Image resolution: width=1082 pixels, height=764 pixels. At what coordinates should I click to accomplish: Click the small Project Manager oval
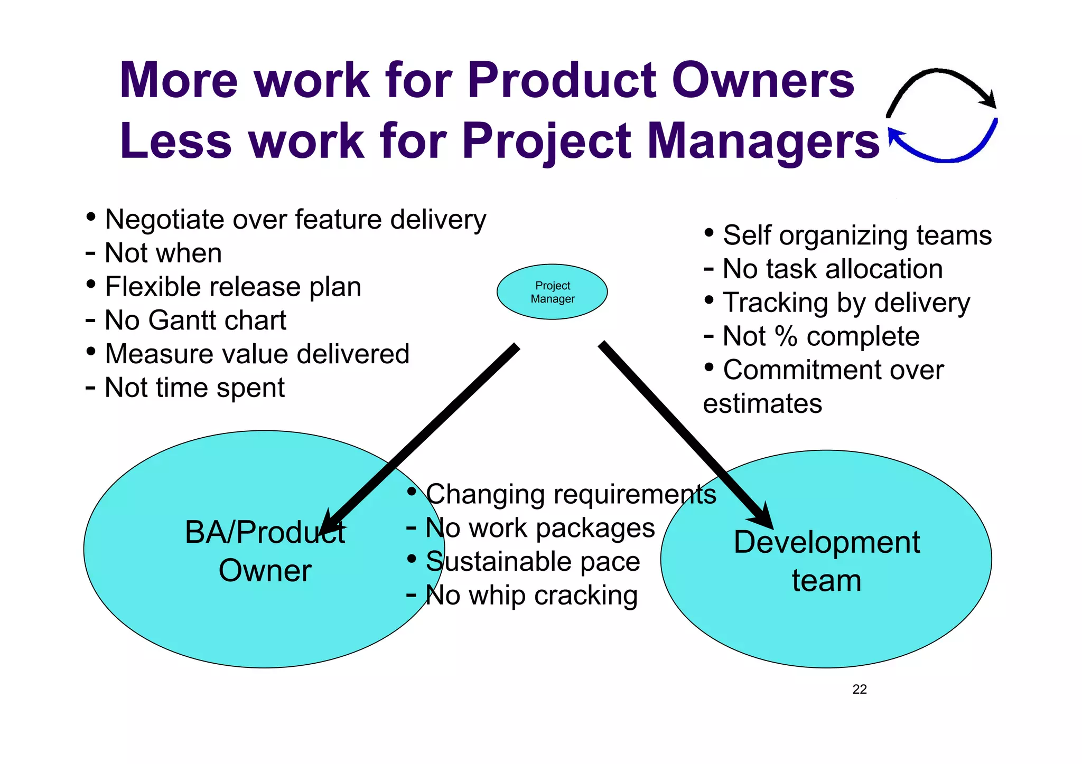(x=552, y=292)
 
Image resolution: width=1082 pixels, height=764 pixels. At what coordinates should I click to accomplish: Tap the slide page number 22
(x=860, y=689)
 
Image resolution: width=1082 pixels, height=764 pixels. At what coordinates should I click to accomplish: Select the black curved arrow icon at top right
(x=940, y=87)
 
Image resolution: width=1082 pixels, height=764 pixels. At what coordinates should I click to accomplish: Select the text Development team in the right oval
(x=826, y=561)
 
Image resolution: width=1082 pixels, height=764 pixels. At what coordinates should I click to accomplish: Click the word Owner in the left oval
(x=265, y=571)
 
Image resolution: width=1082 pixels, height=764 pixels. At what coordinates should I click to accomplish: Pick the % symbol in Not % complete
(x=786, y=336)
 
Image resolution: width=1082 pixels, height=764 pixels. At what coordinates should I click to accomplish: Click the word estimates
(x=762, y=404)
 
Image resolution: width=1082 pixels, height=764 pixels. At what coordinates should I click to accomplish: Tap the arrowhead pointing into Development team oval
(x=761, y=515)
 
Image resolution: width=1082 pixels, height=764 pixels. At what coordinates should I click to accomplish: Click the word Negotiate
(x=164, y=220)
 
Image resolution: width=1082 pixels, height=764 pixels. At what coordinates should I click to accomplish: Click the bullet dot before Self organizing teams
(x=709, y=233)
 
